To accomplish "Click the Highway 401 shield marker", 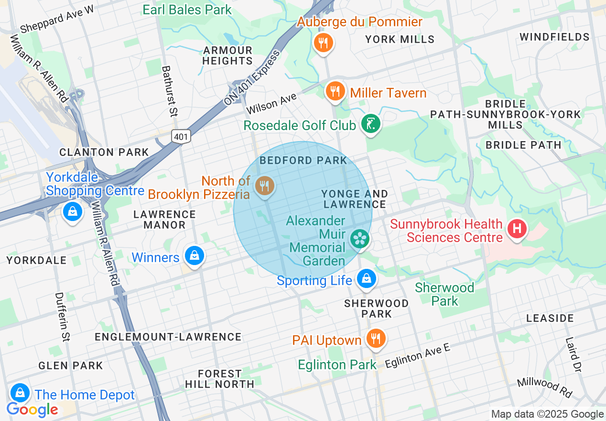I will (182, 136).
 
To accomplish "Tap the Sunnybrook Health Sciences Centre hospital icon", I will (517, 228).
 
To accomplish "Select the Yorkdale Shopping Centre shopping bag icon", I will (72, 211).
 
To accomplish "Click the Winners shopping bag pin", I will (195, 255).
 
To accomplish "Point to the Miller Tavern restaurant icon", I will (335, 90).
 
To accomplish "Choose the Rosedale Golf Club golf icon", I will (370, 124).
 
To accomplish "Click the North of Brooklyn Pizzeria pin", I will (264, 186).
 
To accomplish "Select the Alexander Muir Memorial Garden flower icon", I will (359, 239).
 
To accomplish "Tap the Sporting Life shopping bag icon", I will (366, 278).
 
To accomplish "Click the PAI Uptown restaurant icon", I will (376, 339).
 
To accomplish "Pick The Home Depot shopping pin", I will (20, 393).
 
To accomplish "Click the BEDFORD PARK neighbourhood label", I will (303, 160).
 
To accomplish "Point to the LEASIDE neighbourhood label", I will (550, 318).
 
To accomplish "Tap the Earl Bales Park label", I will (187, 10).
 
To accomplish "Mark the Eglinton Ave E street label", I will (418, 355).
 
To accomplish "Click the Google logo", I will (32, 410).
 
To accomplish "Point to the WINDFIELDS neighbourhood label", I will (554, 37).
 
